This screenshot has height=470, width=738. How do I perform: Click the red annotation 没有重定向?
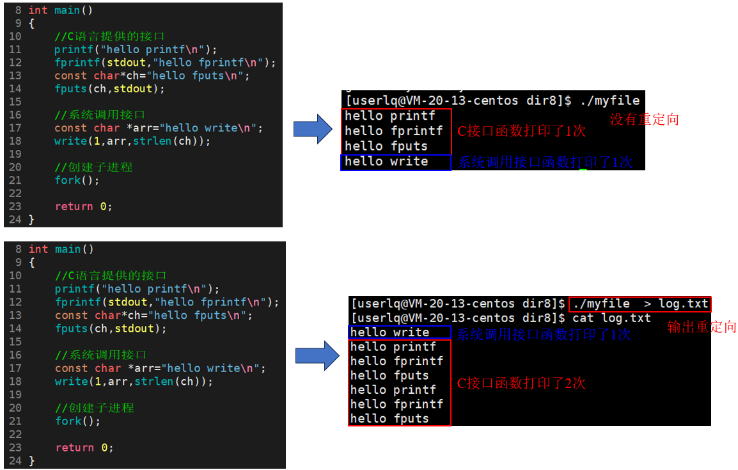pos(644,120)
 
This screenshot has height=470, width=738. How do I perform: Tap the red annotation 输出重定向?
pos(702,327)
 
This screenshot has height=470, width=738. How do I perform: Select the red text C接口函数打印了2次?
pos(521,384)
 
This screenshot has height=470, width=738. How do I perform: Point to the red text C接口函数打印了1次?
pos(521,131)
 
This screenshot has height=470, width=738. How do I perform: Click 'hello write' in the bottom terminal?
pos(389,332)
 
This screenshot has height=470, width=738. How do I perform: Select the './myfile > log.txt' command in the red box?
pos(640,304)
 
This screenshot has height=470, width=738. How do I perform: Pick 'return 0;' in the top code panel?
pos(83,207)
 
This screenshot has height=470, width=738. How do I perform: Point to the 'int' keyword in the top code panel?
pos(38,10)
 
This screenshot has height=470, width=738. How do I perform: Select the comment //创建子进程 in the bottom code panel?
pos(95,408)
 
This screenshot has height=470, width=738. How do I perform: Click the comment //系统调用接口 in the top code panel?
pos(100,115)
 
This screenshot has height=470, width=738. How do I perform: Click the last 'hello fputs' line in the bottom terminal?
pos(389,419)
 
